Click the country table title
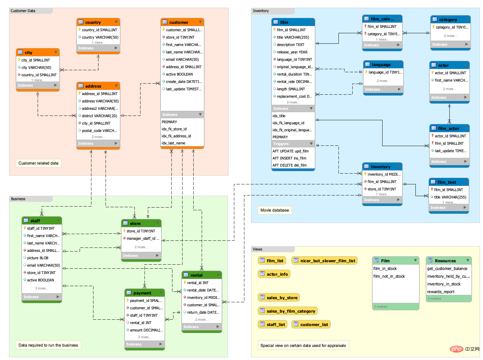coord(93,22)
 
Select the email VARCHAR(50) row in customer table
coord(182,59)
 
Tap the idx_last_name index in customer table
coord(173,143)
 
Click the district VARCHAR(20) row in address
coord(99,116)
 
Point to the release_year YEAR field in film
coord(291,52)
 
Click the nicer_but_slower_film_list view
coord(324,261)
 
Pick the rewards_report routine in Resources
coord(440,291)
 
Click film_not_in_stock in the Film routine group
coord(389,276)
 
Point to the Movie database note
coord(274,210)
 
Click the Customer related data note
coord(38,163)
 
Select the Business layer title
coord(18,198)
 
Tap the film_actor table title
coord(448,128)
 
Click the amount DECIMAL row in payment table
coord(146,330)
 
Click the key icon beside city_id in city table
coord(19,60)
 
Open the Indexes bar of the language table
coord(383,89)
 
